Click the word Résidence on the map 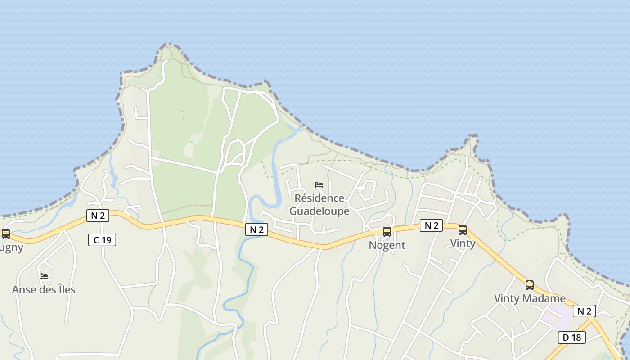319,198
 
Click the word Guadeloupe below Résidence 319,211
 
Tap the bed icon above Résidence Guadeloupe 319,185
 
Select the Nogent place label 387,245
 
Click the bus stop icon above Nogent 387,232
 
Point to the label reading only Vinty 463,243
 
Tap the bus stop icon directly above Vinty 463,230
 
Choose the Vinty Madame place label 530,298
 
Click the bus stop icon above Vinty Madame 530,285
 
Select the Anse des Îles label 44,289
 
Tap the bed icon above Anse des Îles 44,276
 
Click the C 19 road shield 102,240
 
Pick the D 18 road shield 572,337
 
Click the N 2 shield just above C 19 98,216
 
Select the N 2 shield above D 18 584,311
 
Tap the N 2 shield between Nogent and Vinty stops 431,225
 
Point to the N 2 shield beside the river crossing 256,230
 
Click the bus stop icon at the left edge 6,234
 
